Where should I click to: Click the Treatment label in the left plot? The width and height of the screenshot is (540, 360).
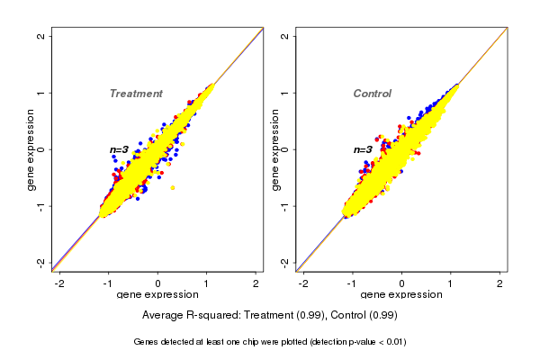pyautogui.click(x=136, y=94)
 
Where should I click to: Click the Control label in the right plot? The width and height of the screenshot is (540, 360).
pyautogui.click(x=372, y=94)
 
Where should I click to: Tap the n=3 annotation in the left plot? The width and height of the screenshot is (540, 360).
pyautogui.click(x=120, y=149)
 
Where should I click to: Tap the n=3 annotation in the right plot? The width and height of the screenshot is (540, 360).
pyautogui.click(x=363, y=149)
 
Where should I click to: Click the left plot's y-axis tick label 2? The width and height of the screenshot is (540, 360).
pyautogui.click(x=41, y=36)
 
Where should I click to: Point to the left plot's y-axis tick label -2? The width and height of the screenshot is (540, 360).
pyautogui.click(x=41, y=263)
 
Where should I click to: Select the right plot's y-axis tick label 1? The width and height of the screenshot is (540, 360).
pyautogui.click(x=285, y=93)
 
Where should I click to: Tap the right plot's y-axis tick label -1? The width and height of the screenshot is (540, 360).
pyautogui.click(x=285, y=206)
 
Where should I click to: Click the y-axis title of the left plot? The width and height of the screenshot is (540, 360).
pyautogui.click(x=31, y=149)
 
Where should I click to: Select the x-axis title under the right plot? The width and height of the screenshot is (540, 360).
pyautogui.click(x=402, y=295)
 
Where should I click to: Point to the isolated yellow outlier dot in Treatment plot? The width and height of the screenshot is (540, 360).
pyautogui.click(x=172, y=187)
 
